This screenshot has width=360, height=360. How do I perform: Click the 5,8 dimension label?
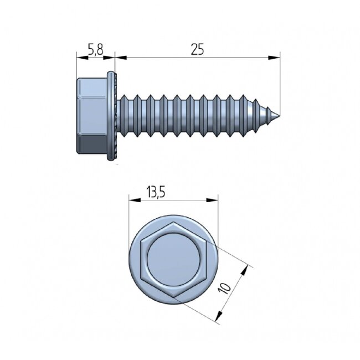coord(95,49)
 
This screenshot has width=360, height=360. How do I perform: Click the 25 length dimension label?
coord(197,49)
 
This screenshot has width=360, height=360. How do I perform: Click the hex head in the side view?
coord(94,116)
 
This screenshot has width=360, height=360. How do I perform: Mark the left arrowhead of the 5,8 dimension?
coord(78,56)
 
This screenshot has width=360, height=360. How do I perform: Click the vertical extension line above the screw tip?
coord(280,83)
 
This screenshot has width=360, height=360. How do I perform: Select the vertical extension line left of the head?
coord(75,66)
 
